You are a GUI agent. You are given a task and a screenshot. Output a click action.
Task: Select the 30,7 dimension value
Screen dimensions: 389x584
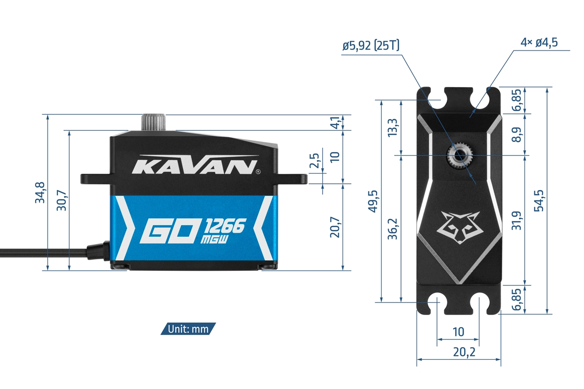(62, 200)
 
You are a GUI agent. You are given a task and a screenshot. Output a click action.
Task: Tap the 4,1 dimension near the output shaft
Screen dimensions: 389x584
(334, 123)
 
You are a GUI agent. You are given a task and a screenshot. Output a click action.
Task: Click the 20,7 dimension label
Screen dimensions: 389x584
(334, 227)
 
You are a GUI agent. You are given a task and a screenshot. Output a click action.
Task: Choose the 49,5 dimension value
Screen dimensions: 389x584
(372, 201)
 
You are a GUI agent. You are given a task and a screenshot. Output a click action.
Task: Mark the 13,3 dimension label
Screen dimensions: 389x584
(393, 128)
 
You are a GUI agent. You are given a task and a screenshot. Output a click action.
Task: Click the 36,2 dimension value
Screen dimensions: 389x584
(393, 229)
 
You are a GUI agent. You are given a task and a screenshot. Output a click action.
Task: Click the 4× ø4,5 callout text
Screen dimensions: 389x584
(539, 42)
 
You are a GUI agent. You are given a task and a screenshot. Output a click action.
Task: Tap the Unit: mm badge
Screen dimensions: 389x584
(188, 329)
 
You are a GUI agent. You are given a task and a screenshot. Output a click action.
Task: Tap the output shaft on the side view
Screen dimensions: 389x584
(153, 122)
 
